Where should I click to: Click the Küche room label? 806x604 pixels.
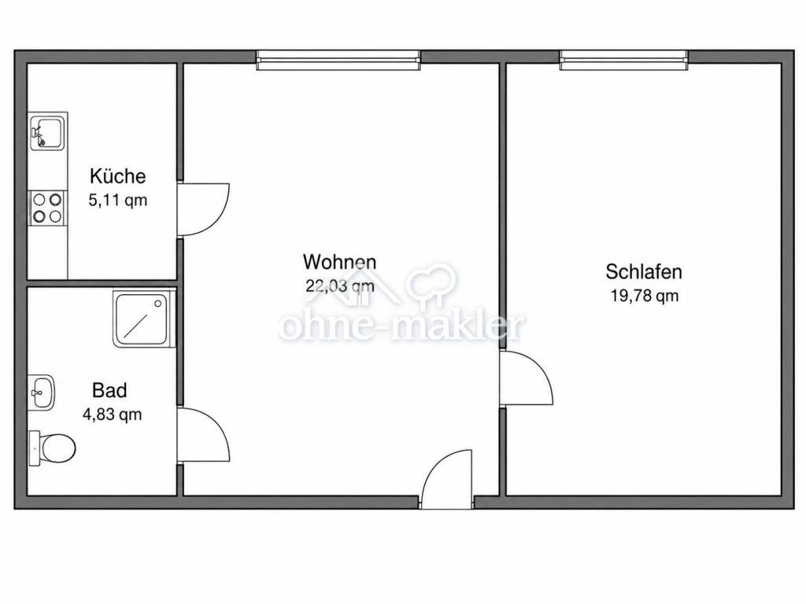click(x=118, y=175)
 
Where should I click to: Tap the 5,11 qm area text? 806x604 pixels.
click(x=118, y=200)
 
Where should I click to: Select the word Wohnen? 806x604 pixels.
click(x=340, y=262)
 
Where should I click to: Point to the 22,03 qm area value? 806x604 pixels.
click(x=340, y=286)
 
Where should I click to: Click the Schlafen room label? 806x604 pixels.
click(x=644, y=271)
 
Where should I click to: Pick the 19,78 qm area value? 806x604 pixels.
click(x=645, y=296)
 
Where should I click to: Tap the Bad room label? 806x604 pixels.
click(x=109, y=390)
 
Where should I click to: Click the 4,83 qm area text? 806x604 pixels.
click(x=112, y=414)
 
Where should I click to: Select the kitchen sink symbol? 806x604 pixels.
click(x=48, y=132)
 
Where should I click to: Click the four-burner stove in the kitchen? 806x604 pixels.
click(x=47, y=208)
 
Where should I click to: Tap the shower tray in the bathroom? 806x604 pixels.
click(x=145, y=319)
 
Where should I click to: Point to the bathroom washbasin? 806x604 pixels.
click(x=41, y=392)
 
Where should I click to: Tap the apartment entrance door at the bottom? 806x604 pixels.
click(x=434, y=465)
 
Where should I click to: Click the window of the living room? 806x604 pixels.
click(x=338, y=60)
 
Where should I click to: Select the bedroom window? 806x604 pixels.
click(x=623, y=60)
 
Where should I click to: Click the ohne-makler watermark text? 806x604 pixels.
click(x=402, y=325)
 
